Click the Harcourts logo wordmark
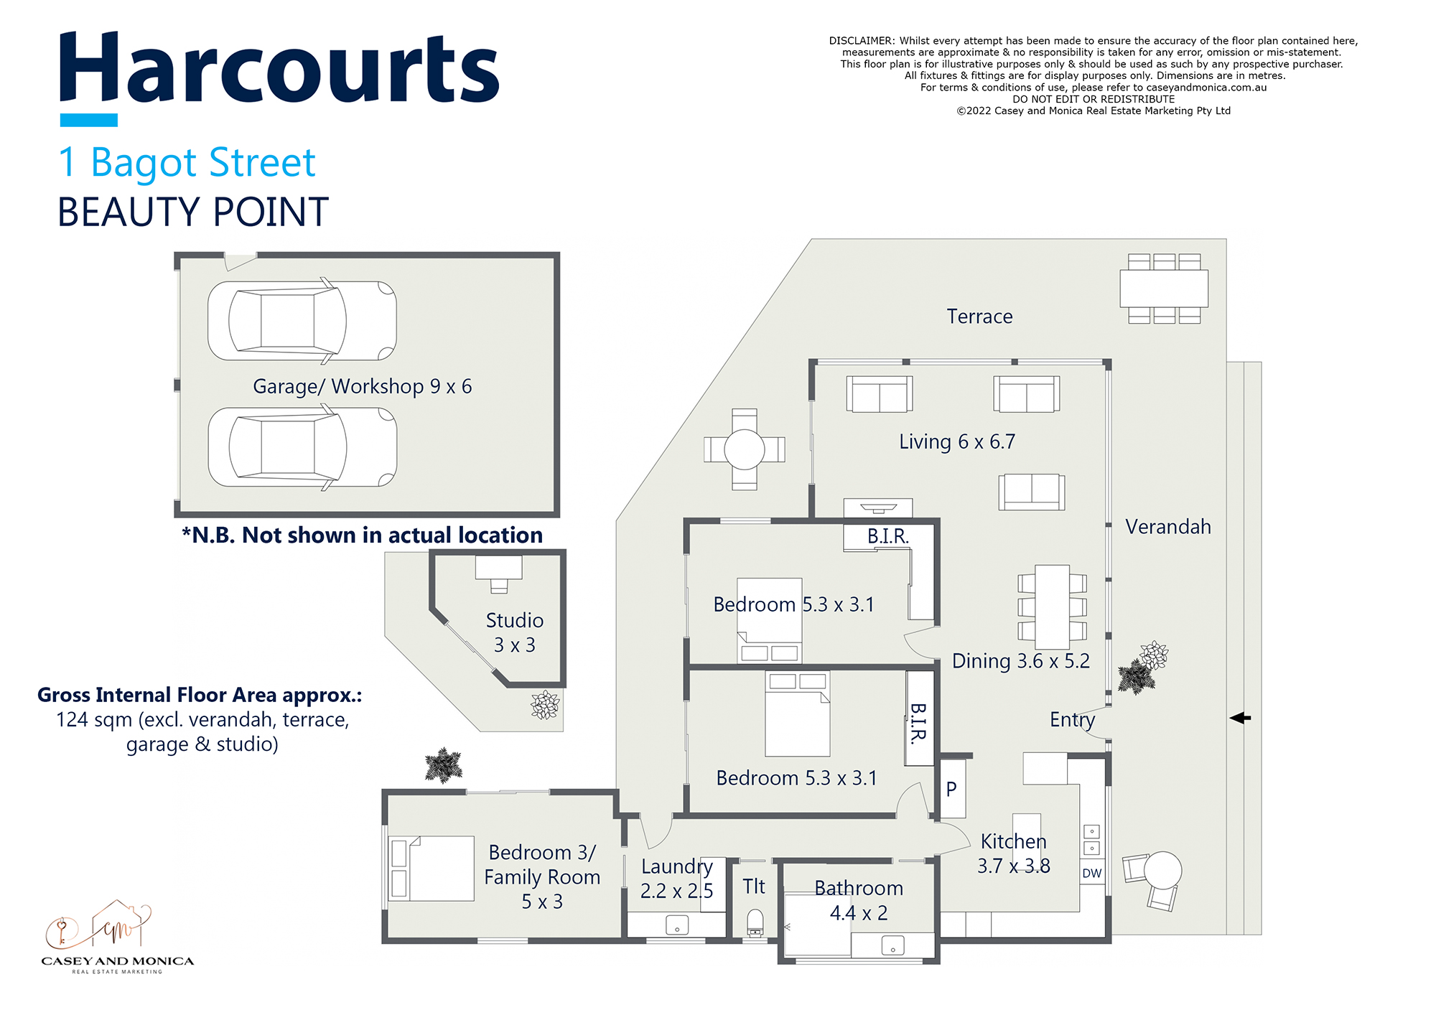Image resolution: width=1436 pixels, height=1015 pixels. coord(279,70)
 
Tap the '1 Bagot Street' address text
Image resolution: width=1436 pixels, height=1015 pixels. coord(187,163)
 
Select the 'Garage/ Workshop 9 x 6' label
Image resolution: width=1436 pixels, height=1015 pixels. coord(362,387)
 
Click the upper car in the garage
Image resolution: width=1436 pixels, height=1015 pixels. coord(302,321)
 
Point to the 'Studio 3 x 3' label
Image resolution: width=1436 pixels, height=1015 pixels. coord(514,632)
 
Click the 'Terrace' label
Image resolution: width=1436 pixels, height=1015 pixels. coord(979,317)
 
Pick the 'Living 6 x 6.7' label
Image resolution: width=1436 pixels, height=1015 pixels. coord(957,442)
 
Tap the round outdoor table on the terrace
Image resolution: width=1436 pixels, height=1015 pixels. coord(745,449)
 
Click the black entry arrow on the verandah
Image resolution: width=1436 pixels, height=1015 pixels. coord(1240,718)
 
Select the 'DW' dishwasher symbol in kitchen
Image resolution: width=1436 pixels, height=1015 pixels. coord(1091,874)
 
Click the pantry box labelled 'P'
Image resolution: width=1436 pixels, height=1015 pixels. coord(952,790)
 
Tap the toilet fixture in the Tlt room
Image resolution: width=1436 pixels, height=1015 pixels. coord(755,922)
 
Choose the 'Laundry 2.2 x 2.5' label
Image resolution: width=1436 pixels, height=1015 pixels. coord(676,879)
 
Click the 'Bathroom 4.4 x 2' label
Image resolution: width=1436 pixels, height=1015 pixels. coord(859,901)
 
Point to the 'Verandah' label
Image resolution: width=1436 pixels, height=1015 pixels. coord(1167,527)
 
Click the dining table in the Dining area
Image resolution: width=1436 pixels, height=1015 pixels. coord(1052,607)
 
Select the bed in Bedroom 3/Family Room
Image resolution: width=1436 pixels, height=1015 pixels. coord(431,869)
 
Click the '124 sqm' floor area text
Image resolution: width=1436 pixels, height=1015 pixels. coord(97,720)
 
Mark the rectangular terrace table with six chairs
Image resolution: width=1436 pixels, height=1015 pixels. coord(1164,289)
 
